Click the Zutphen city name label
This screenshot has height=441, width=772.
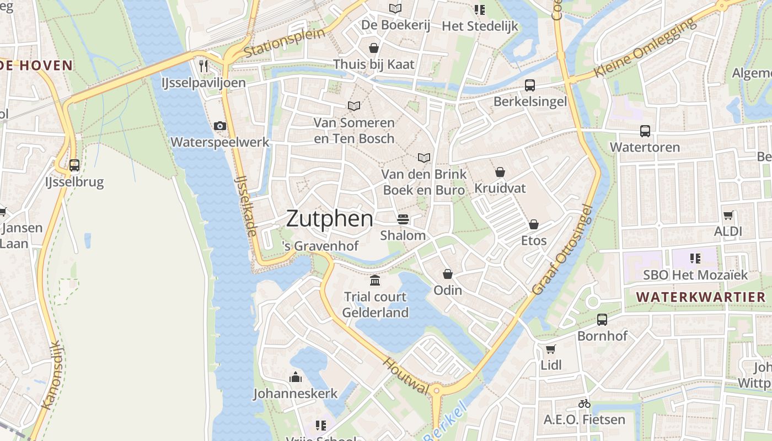(x=329, y=219)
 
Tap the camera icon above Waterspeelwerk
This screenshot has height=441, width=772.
(x=220, y=126)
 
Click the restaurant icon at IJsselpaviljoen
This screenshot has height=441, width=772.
(x=203, y=66)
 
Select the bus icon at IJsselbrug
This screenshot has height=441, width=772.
(x=74, y=165)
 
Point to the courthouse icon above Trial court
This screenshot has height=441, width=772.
(x=375, y=280)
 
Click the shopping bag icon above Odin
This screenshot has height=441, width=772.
(x=447, y=273)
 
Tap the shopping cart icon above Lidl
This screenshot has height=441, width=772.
(x=550, y=348)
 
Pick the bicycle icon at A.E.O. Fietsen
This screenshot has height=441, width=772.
(x=585, y=404)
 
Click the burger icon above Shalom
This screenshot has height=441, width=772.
(x=403, y=219)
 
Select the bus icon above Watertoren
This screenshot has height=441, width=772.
(x=645, y=131)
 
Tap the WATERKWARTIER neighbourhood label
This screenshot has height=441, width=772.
(x=701, y=297)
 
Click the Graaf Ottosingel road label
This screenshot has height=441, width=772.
(x=562, y=249)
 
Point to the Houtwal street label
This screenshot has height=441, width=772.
(x=406, y=376)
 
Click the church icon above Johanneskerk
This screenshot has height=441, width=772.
(x=295, y=377)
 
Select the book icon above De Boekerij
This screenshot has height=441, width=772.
(x=395, y=8)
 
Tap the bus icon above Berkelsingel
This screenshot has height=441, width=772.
(x=529, y=85)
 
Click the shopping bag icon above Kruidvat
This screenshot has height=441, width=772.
(x=500, y=172)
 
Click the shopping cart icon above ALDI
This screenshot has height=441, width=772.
(x=728, y=215)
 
